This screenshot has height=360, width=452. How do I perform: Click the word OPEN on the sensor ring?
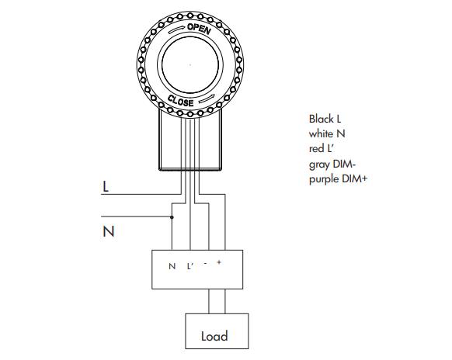199,29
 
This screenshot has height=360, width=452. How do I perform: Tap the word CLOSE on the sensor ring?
181,101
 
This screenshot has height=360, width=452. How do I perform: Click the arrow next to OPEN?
177,29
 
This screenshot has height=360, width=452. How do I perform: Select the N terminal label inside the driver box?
172,266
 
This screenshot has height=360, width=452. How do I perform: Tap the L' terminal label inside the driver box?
189,266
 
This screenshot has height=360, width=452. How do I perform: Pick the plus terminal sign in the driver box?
219,262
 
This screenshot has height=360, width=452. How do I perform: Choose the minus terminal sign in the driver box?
205,263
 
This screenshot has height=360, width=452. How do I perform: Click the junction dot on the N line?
172,217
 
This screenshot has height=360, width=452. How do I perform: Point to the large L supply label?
106,187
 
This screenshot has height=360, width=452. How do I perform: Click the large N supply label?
109,231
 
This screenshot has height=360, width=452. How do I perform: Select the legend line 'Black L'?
325,119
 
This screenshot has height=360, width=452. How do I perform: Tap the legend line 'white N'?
327,133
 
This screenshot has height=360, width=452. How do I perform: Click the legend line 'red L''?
321,149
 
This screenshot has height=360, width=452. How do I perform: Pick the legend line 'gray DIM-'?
332,164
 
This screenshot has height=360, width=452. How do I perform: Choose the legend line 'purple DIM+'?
338,179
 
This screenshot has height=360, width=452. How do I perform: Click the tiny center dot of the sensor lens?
190,65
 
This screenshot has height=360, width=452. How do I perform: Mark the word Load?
214,336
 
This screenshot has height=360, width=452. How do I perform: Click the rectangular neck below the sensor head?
190,140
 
